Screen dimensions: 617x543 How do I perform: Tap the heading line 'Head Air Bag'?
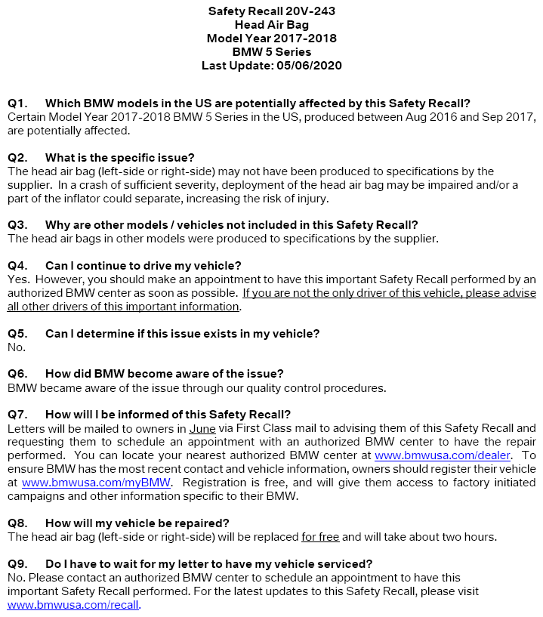click(271, 25)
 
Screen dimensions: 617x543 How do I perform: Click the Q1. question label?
click(17, 103)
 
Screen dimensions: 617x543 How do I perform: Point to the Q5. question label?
click(17, 333)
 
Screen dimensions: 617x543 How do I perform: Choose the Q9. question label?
click(17, 563)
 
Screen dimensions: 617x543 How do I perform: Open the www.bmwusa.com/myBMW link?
click(97, 483)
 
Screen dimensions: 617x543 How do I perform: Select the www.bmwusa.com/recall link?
click(73, 605)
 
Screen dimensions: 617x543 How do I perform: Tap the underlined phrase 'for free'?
click(320, 537)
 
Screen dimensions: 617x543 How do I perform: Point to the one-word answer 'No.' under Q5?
click(16, 347)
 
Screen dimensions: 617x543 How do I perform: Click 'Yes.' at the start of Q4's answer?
click(18, 279)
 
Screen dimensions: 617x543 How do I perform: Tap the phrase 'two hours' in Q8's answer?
click(468, 537)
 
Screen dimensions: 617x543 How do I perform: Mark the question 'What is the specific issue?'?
click(121, 157)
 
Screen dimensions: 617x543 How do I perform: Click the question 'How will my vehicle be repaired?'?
click(137, 523)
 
